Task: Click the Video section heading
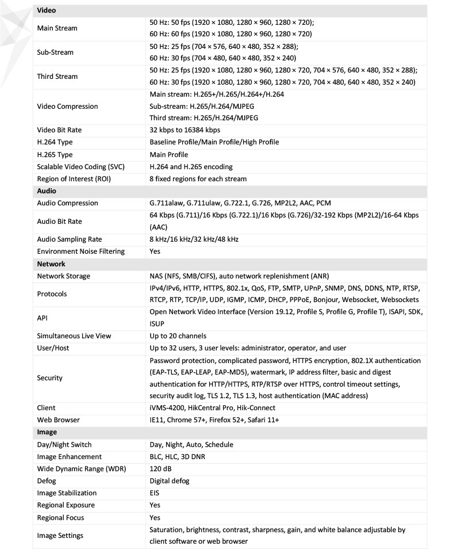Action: (47, 10)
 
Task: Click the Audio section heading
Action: (47, 191)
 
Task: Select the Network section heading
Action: (51, 264)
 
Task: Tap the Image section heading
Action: (47, 433)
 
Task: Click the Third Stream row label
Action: (57, 77)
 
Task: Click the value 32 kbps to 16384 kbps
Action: (185, 130)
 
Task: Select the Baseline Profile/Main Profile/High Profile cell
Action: (220, 142)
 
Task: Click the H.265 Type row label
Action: (55, 155)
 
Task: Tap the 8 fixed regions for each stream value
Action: (198, 179)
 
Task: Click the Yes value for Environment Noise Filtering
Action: (155, 251)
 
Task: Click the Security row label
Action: (50, 378)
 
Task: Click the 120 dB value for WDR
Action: (162, 469)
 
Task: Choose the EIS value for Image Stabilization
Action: (155, 493)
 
